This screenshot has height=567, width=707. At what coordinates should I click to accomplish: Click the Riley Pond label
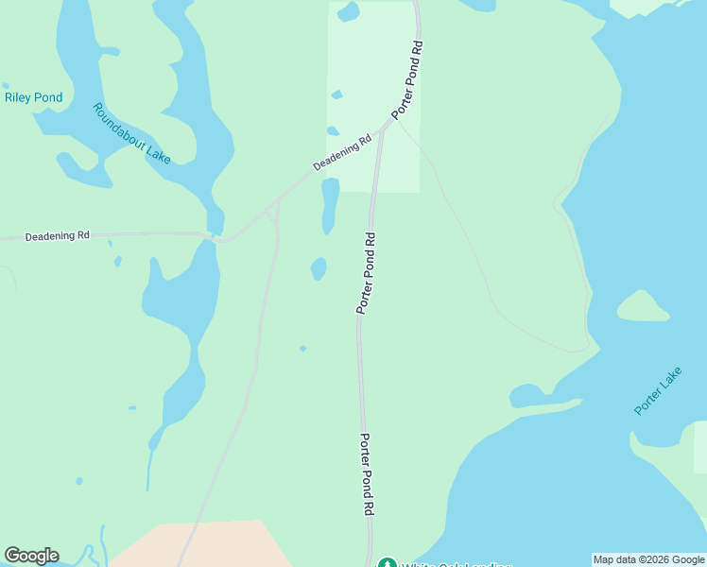(33, 97)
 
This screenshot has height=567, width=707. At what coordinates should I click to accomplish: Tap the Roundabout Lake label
(131, 133)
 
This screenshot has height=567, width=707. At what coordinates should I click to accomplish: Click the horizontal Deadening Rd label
(57, 235)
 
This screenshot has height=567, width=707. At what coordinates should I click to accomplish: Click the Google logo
(31, 556)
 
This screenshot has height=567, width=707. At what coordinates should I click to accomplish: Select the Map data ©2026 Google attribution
(648, 559)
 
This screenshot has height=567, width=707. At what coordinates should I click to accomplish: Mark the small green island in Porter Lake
(643, 306)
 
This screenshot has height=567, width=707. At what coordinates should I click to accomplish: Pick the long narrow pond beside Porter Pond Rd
(330, 205)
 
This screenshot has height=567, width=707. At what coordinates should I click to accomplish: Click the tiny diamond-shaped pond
(302, 348)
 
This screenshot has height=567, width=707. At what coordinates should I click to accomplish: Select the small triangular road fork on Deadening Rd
(273, 215)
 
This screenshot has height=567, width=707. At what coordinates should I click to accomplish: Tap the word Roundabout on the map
(118, 121)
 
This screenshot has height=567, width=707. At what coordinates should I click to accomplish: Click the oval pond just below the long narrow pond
(319, 269)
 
